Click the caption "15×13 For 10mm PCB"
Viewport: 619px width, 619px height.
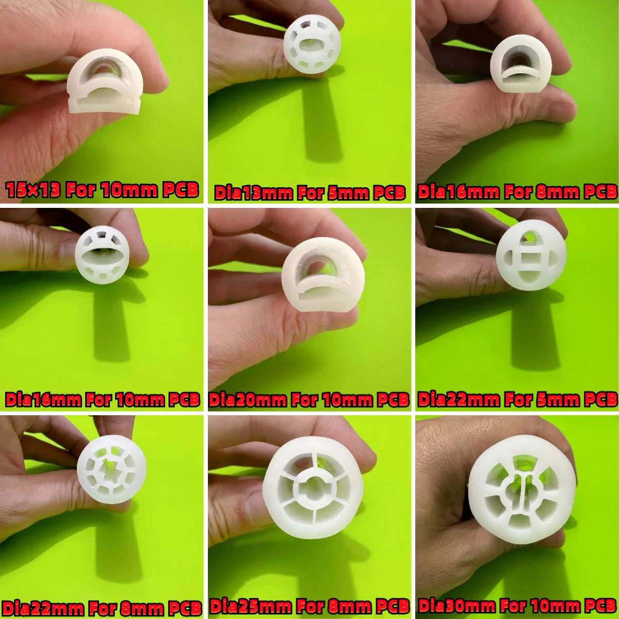(x=102, y=190)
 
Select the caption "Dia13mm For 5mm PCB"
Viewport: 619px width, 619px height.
(x=309, y=193)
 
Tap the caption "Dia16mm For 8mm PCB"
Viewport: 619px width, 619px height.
(x=517, y=192)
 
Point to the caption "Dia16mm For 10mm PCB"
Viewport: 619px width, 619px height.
(x=102, y=400)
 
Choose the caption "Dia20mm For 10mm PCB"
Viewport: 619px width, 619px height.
(x=309, y=400)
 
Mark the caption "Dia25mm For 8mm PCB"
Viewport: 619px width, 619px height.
(x=309, y=607)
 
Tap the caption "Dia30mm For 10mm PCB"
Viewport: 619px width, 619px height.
(x=517, y=606)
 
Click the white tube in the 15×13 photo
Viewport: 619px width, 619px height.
(x=105, y=83)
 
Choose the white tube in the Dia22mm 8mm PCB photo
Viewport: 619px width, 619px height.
(x=111, y=469)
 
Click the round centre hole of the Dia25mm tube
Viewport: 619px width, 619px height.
(x=313, y=487)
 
